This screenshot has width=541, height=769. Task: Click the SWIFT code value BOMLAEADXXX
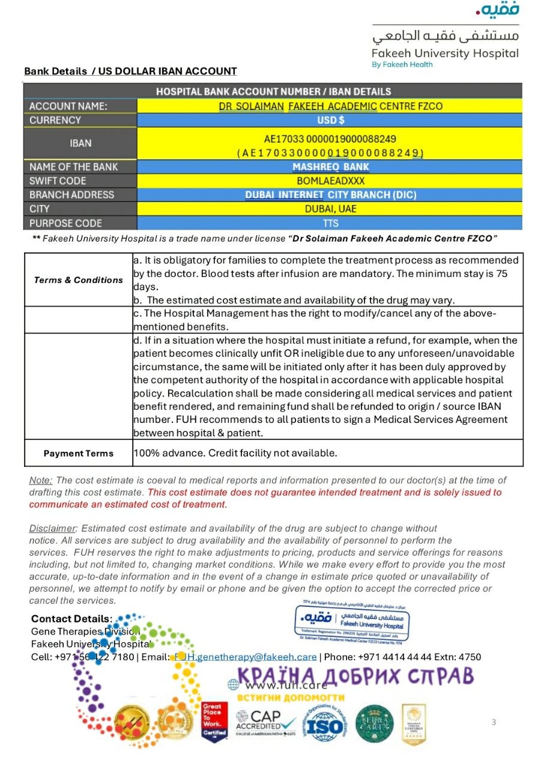point(330,181)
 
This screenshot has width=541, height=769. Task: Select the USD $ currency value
point(330,120)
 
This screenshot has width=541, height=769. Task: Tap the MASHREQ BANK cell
point(330,167)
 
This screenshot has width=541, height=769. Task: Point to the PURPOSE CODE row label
point(65,223)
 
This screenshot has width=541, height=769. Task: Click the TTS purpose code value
point(330,223)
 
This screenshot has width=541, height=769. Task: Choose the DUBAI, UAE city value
point(330,209)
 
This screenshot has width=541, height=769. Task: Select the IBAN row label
point(80,144)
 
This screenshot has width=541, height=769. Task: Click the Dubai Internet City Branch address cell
point(330,195)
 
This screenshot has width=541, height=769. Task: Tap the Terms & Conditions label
point(78,280)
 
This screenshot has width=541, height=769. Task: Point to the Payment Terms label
point(78,454)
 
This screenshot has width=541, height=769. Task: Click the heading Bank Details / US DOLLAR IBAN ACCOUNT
point(130,71)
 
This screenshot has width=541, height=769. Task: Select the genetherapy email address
point(245,657)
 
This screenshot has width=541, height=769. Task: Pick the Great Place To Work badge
point(214,722)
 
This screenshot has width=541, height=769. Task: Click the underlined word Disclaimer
point(53,529)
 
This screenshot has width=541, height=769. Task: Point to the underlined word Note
point(41,481)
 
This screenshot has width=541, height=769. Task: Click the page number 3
point(494,722)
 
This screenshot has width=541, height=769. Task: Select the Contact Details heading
point(71,619)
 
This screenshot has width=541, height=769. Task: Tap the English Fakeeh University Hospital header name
point(445,53)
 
